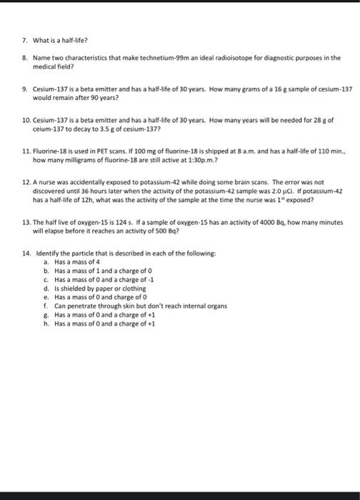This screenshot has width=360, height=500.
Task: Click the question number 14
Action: (x=26, y=254)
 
